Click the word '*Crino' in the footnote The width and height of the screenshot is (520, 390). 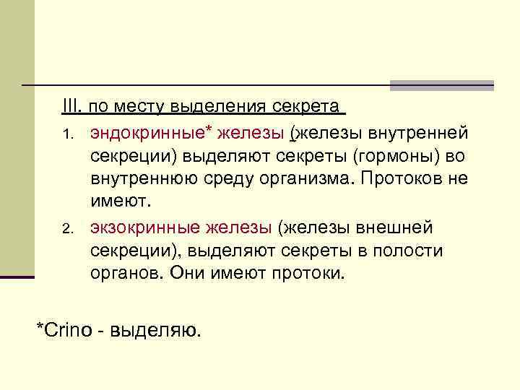[x=64, y=330]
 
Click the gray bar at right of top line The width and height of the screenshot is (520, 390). [x=441, y=85]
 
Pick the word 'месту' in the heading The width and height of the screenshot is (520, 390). [x=141, y=108]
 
